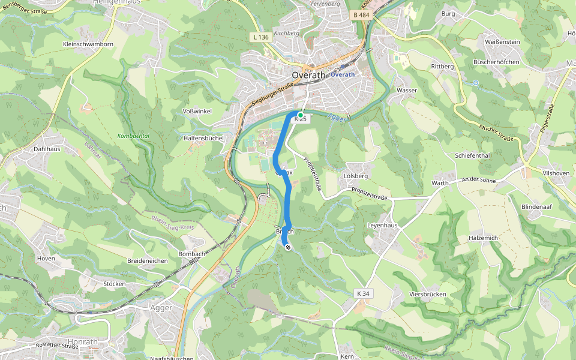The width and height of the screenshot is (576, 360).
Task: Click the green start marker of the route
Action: [300, 115]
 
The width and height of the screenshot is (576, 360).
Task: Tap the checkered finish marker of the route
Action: [288, 247]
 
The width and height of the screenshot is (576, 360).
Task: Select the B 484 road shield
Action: [362, 14]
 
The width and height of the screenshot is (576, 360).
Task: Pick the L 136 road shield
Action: [260, 37]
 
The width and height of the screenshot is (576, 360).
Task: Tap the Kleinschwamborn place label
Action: [88, 44]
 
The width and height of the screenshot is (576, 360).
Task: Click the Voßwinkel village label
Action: [197, 112]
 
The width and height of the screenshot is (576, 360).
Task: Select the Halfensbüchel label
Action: [203, 138]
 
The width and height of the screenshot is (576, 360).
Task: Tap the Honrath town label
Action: [83, 342]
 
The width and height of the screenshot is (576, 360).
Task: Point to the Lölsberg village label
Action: [355, 176]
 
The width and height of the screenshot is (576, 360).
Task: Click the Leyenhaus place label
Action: [382, 225]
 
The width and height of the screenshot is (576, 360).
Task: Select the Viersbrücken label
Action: [427, 295]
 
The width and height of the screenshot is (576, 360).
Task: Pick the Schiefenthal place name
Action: [473, 155]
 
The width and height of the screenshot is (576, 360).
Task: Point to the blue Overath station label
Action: [343, 74]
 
